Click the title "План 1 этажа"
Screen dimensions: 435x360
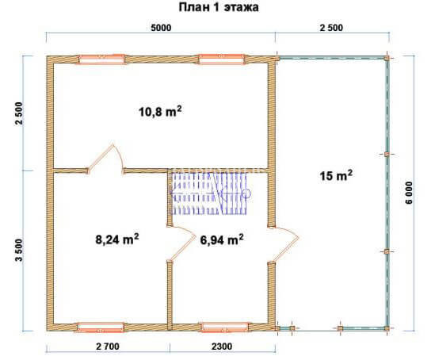point(219,7)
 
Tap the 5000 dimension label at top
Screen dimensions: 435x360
point(161,28)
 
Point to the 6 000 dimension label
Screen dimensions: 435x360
point(410,193)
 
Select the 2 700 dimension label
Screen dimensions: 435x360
point(108,347)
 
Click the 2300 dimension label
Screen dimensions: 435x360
point(222,347)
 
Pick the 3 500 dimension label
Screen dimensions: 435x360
point(18,250)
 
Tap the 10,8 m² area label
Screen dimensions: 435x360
point(160,112)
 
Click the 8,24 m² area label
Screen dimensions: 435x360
point(117,239)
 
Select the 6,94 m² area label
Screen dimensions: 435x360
point(222,239)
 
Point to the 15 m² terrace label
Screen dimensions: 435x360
point(336,175)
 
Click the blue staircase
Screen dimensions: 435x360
point(209,193)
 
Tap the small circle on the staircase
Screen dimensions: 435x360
point(246,193)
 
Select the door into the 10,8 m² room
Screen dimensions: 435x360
point(105,159)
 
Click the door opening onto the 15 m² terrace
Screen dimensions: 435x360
point(284,243)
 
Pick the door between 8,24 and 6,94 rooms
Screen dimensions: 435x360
point(181,243)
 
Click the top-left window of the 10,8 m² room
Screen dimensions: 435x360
point(101,59)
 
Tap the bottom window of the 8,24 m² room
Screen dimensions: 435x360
point(101,327)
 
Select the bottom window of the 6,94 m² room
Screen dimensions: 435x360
point(225,327)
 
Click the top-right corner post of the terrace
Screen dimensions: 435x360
point(387,59)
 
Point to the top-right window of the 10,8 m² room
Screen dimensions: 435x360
point(221,59)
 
